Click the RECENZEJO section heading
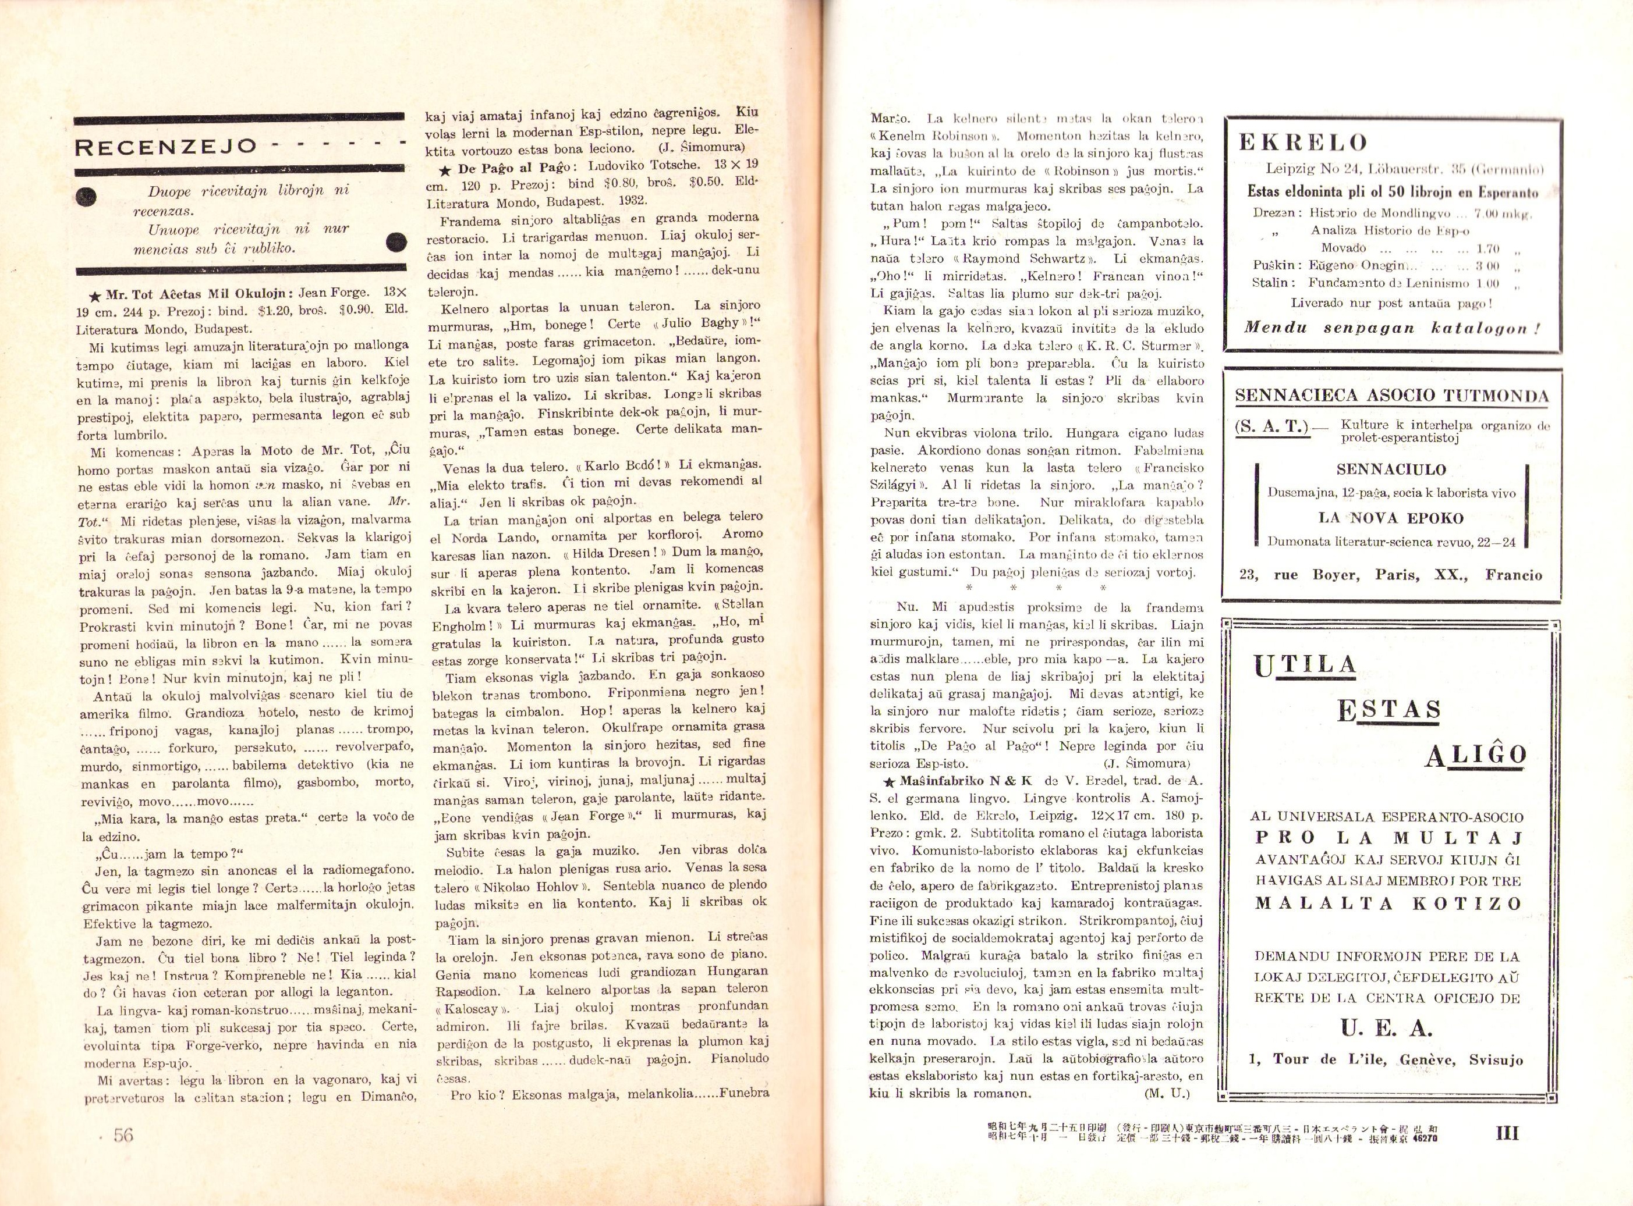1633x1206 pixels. (167, 147)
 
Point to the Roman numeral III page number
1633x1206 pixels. (1507, 1133)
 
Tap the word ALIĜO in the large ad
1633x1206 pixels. (1475, 756)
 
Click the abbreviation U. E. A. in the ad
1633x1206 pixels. (1387, 1029)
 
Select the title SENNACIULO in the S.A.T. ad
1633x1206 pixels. (1391, 469)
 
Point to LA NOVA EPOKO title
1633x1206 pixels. (1391, 518)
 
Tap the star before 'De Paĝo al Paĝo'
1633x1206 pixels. (445, 169)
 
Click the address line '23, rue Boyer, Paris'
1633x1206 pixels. (1391, 575)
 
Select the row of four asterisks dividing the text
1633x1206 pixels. (1035, 588)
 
